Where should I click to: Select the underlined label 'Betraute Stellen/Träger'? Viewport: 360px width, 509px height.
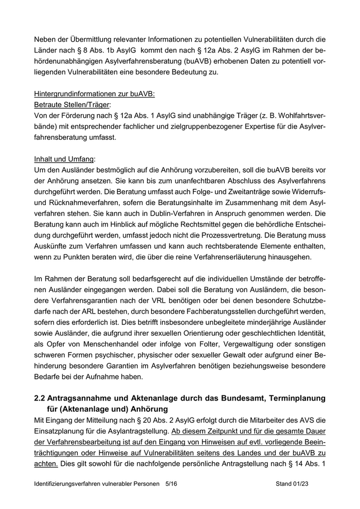[x=71, y=105]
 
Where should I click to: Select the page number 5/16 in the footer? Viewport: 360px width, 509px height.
[x=171, y=484]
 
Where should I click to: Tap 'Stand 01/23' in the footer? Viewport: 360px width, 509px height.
[x=292, y=484]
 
